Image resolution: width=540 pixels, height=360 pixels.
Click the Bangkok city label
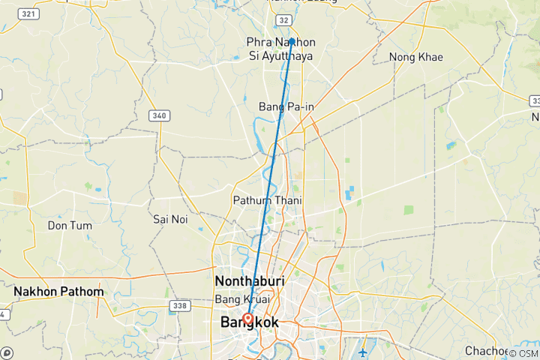coord(249,322)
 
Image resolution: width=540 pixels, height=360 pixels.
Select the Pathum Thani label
coord(261,200)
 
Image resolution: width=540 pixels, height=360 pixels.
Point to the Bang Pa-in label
coord(286,106)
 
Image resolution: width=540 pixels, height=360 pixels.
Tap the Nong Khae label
coord(415,57)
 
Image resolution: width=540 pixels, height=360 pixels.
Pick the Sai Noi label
coord(169,219)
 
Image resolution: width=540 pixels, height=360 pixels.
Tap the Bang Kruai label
coord(241,299)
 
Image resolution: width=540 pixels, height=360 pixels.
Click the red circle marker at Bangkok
coord(247,317)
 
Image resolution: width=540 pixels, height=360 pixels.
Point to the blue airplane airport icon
coord(363,352)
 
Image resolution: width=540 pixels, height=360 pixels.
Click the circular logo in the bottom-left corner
coord(7,352)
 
